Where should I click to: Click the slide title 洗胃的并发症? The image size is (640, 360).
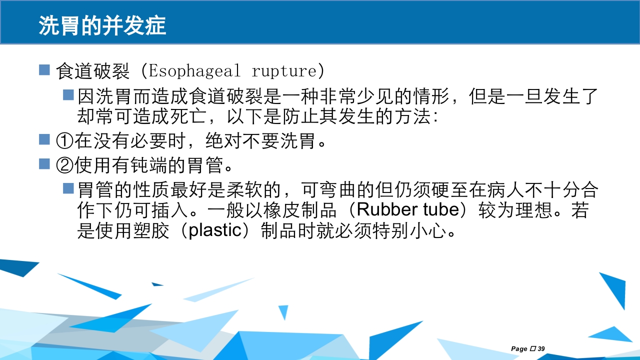(102, 26)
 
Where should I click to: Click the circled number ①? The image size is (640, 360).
(65, 141)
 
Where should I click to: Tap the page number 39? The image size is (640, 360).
(541, 348)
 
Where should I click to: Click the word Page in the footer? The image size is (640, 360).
(519, 348)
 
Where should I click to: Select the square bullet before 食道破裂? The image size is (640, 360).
(44, 70)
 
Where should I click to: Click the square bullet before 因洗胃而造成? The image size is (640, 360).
(68, 94)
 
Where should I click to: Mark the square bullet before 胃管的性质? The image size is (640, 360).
(68, 188)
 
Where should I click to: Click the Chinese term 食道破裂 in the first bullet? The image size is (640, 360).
(93, 70)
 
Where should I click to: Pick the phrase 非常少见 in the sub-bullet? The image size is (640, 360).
(354, 95)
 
